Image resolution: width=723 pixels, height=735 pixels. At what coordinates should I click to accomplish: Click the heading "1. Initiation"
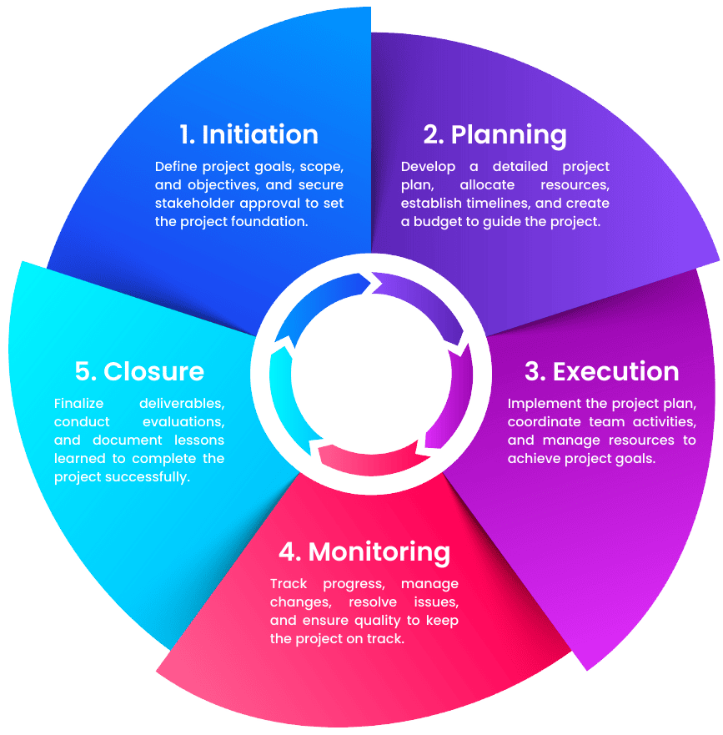249,134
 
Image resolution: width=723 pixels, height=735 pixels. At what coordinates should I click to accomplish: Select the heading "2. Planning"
495,134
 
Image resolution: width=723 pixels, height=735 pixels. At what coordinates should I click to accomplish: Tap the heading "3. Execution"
601,371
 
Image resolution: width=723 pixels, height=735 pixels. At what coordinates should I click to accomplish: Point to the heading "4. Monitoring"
364,551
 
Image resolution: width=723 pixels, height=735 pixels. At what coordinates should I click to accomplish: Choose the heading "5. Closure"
128,370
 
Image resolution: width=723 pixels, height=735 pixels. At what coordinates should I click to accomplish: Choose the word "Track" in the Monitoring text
289,583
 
